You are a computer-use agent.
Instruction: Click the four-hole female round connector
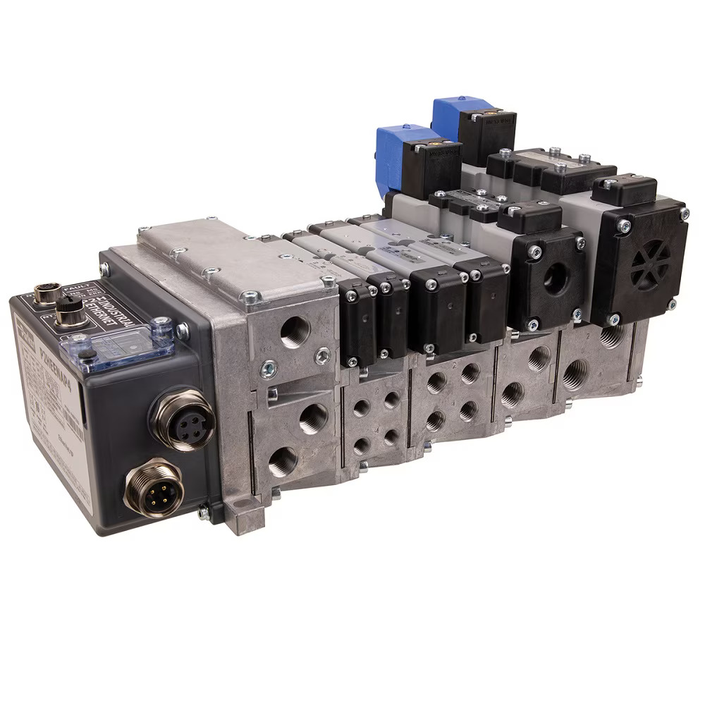click(x=182, y=422)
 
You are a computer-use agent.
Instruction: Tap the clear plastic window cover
click(x=118, y=343)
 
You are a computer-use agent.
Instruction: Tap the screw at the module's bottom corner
click(x=203, y=513)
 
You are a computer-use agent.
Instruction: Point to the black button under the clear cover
click(x=87, y=354)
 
